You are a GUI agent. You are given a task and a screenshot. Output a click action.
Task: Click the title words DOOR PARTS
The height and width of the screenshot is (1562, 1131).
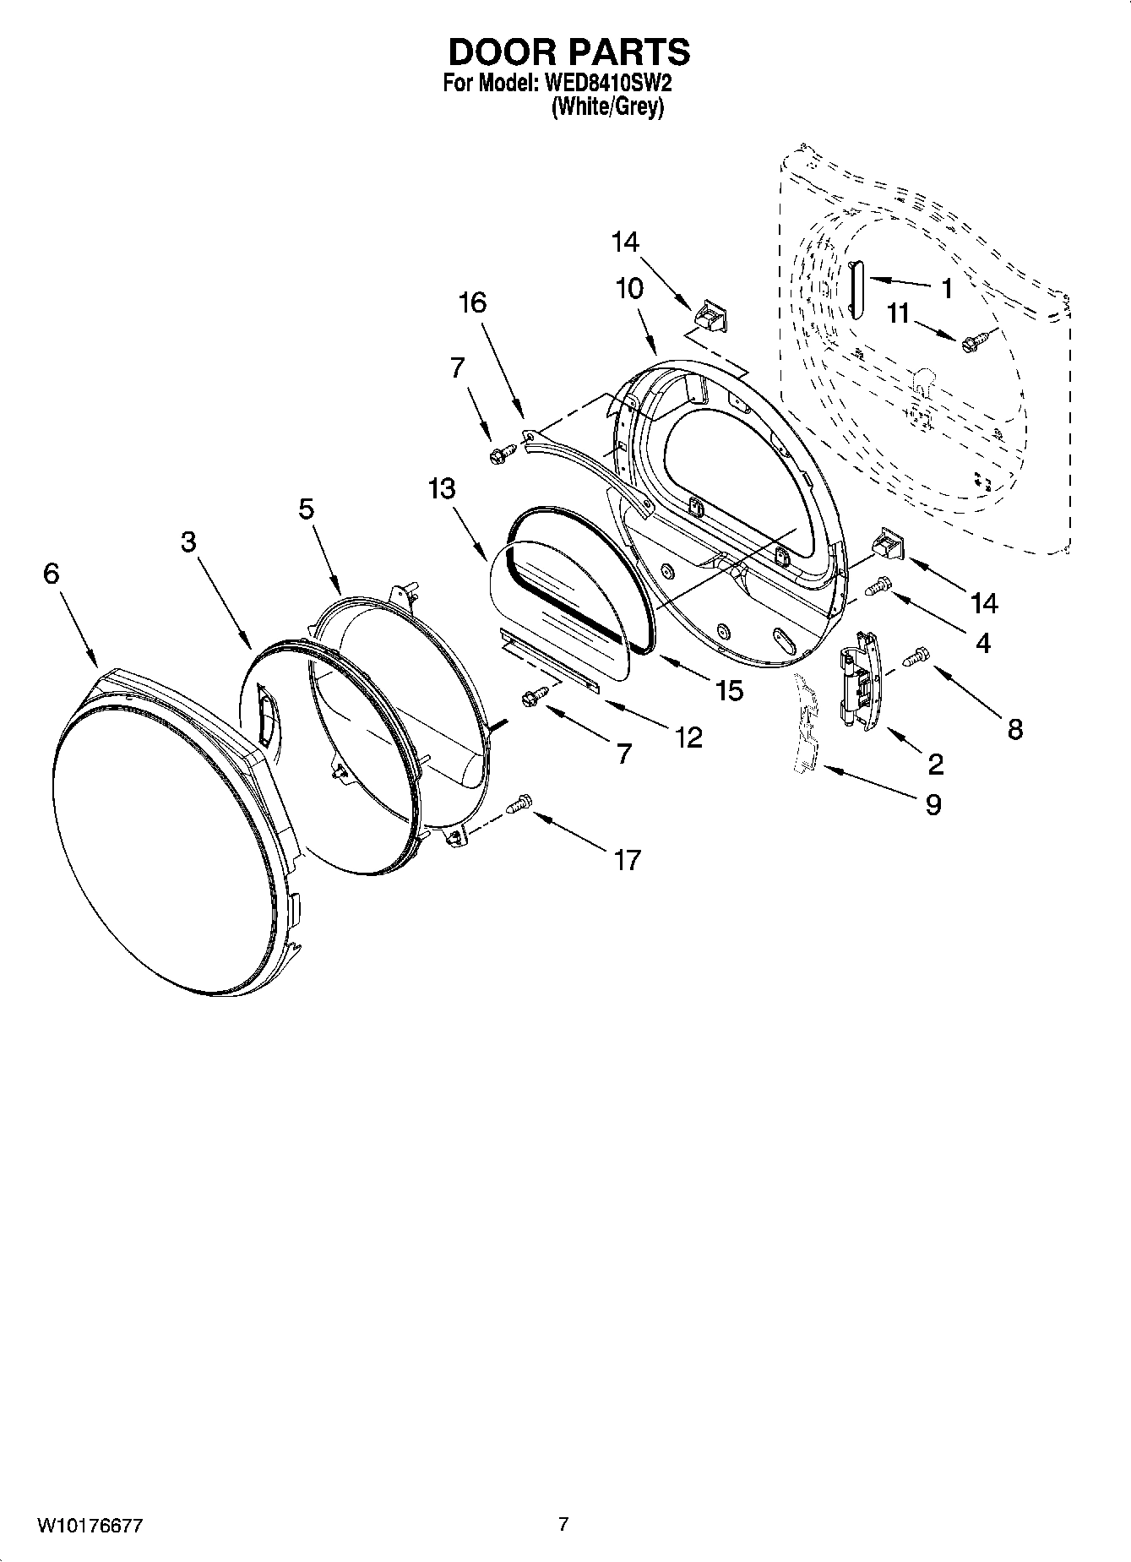point(568,52)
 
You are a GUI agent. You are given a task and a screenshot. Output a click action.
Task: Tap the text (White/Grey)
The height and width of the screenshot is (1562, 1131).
point(607,108)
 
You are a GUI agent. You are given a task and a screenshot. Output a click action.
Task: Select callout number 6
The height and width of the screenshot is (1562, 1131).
point(52,574)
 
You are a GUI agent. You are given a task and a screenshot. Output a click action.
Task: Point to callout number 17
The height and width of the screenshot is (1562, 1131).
point(627,861)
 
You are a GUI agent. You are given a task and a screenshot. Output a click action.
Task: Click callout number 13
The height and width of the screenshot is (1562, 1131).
point(442,489)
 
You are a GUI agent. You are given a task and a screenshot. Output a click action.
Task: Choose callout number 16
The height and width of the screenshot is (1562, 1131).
point(473,302)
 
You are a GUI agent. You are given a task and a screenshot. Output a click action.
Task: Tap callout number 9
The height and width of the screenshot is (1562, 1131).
point(933,804)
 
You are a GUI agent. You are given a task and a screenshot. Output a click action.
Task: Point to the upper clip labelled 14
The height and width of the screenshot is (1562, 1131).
point(710,318)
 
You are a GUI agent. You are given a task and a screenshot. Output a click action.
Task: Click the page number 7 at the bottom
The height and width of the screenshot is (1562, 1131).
point(563,1525)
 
